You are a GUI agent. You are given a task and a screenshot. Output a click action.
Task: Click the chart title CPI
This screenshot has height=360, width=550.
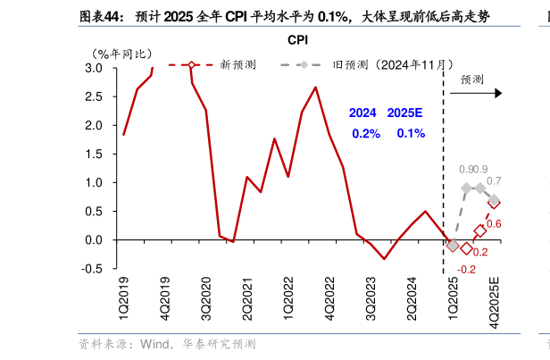[297, 40]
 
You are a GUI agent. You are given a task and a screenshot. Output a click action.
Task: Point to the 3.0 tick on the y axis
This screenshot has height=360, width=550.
[94, 69]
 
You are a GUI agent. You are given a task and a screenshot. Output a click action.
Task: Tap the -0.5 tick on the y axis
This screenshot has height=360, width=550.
[92, 269]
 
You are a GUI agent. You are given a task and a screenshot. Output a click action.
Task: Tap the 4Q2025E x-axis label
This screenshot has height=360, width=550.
[494, 300]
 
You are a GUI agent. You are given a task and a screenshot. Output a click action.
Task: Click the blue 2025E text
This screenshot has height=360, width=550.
[404, 113]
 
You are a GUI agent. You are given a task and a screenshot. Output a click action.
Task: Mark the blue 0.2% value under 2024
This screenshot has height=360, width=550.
[365, 133]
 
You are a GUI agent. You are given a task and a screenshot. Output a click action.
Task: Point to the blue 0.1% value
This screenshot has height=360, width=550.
[411, 133]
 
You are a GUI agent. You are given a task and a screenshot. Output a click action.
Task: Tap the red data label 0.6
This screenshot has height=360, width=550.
[494, 223]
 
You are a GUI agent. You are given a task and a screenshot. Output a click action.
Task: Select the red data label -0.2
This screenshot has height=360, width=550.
[466, 269]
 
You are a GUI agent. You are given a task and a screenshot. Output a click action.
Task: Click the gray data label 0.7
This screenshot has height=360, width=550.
[494, 181]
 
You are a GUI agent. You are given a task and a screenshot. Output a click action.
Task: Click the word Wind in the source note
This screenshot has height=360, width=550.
[154, 343]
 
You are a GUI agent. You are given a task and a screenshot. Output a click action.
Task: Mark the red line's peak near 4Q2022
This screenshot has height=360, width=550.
[315, 88]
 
